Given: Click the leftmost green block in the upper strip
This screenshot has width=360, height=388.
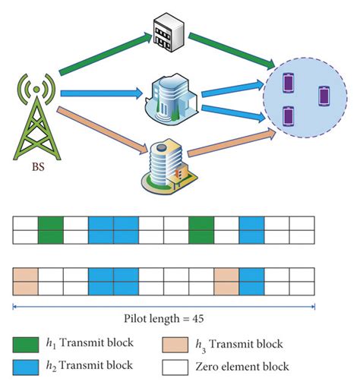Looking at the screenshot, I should [50, 229].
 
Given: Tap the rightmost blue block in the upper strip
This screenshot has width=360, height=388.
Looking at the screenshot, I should [251, 229].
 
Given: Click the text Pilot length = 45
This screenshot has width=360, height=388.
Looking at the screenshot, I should [164, 320].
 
